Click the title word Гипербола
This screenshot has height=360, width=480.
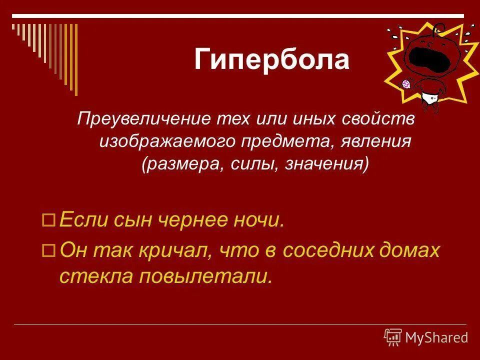pos(271,60)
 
